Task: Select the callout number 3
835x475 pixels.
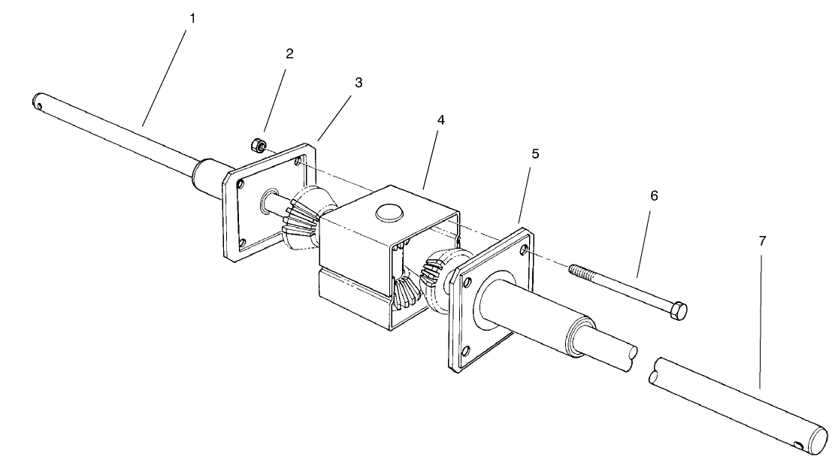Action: tap(359, 82)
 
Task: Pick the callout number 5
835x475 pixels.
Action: tap(535, 153)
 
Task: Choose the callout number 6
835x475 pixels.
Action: tap(654, 195)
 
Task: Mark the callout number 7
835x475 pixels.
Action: tap(762, 241)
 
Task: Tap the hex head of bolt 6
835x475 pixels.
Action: tap(677, 310)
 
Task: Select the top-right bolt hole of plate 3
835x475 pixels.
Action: tap(300, 160)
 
